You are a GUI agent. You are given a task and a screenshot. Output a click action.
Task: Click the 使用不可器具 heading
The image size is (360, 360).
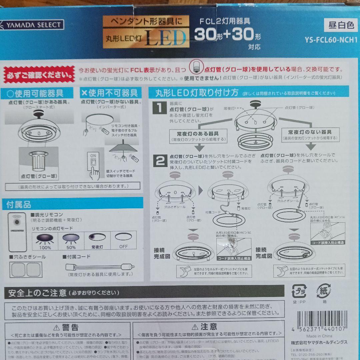point(111,93)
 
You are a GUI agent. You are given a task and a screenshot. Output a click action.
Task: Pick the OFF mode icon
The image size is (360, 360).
point(123,240)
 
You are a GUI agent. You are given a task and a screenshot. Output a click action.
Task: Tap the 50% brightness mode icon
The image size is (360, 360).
point(71,240)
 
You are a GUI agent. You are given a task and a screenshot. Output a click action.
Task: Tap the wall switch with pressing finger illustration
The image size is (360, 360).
point(94,165)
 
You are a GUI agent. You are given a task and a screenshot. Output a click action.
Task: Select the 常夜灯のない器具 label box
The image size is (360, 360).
point(310,134)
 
